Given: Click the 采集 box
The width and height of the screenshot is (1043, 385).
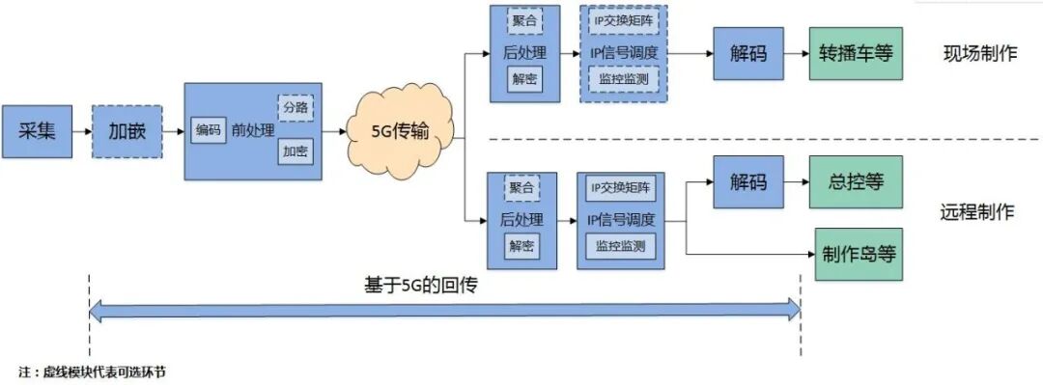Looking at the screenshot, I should click(38, 130).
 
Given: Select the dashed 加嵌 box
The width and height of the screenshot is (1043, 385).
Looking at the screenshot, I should click(127, 130).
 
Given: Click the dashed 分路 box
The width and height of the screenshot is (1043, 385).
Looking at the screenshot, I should click(296, 107).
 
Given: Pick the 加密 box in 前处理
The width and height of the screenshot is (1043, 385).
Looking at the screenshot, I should click(296, 151).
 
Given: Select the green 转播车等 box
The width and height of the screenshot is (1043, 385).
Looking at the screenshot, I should click(856, 53).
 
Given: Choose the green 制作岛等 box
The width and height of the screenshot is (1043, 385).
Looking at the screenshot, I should click(859, 254).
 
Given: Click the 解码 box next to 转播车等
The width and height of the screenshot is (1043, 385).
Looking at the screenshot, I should click(748, 53).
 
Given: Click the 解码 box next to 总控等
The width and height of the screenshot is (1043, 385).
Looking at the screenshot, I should click(748, 181).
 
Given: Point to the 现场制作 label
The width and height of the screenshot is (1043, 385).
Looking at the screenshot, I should click(979, 54).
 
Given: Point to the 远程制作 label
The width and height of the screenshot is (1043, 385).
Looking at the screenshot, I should click(977, 212).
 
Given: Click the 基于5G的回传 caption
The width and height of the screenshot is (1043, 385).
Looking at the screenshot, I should click(422, 286).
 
